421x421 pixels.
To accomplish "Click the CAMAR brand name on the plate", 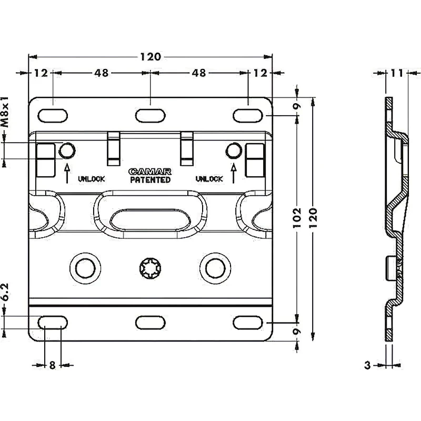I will point(150,171).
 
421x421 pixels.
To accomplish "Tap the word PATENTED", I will point(150,179).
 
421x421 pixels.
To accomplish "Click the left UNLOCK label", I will point(92,179).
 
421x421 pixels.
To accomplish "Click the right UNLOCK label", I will point(209,179).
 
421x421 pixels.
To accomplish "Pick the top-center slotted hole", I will point(151,114).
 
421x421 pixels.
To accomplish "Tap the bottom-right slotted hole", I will point(248,322).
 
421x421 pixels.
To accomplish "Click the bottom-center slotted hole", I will point(151,322).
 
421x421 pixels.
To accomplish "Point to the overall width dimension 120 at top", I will point(150,56).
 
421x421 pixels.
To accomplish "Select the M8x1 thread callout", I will point(5,113).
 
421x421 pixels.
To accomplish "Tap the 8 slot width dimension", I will point(52,365).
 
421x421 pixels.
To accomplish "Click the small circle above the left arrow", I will point(66,151).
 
